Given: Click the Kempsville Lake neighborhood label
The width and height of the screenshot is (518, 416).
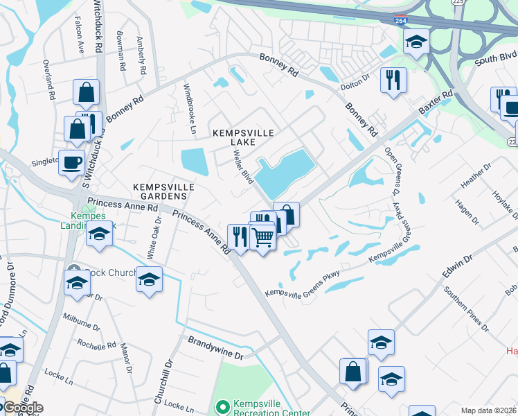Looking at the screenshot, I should click(233, 137).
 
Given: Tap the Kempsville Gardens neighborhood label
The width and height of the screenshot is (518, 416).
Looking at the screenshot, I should click(163, 192).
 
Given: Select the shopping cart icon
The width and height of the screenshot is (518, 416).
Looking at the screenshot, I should click(263, 237).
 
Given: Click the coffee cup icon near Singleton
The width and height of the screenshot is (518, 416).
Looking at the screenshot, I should click(72, 164).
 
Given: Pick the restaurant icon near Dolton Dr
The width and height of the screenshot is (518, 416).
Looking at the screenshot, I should click(393, 80).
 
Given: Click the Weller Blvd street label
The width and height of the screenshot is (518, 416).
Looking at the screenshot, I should click(242, 167).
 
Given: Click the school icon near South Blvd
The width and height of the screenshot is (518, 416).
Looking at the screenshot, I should click(416, 42).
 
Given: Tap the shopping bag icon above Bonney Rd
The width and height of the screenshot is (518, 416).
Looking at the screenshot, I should click(87, 92).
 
